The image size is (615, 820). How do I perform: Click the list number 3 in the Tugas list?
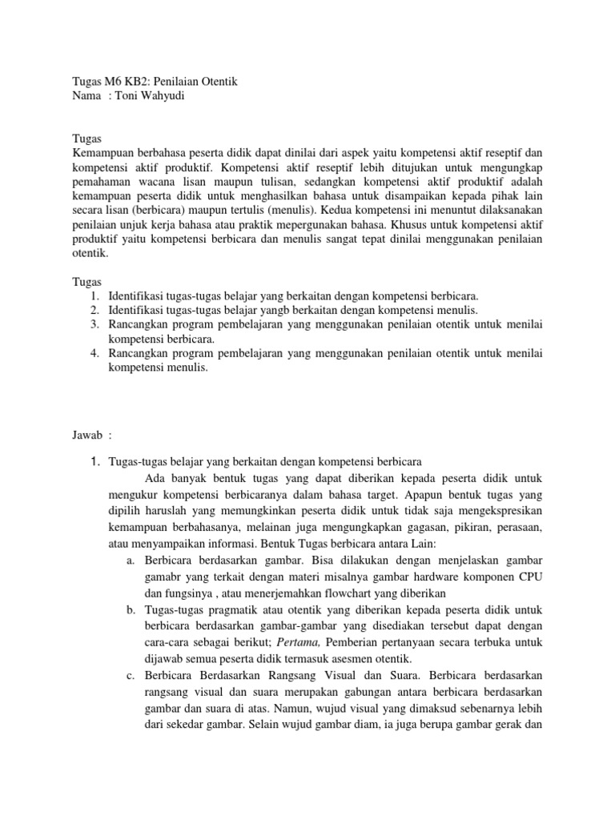click(x=94, y=324)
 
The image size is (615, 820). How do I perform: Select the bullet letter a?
click(x=130, y=559)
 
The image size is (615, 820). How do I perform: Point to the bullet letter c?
click(x=130, y=676)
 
